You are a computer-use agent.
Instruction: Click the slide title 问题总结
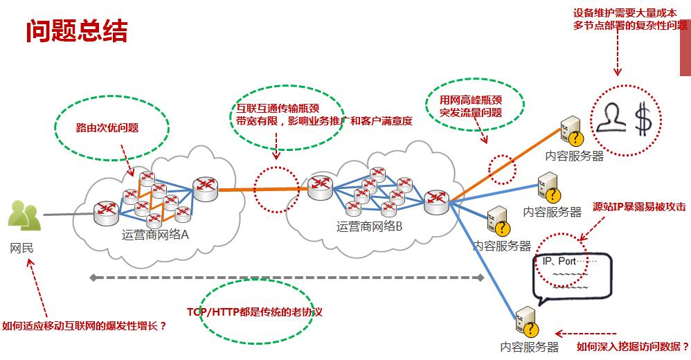pos(77,31)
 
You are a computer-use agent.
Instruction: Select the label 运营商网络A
pos(155,234)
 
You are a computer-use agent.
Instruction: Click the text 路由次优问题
pos(107,128)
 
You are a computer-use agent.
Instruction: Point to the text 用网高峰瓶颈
pos(471,100)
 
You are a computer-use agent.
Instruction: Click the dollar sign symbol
pos(644,119)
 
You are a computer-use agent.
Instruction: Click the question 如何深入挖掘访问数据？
pos(633,346)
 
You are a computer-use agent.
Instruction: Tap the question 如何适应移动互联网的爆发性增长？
pos(84,325)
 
